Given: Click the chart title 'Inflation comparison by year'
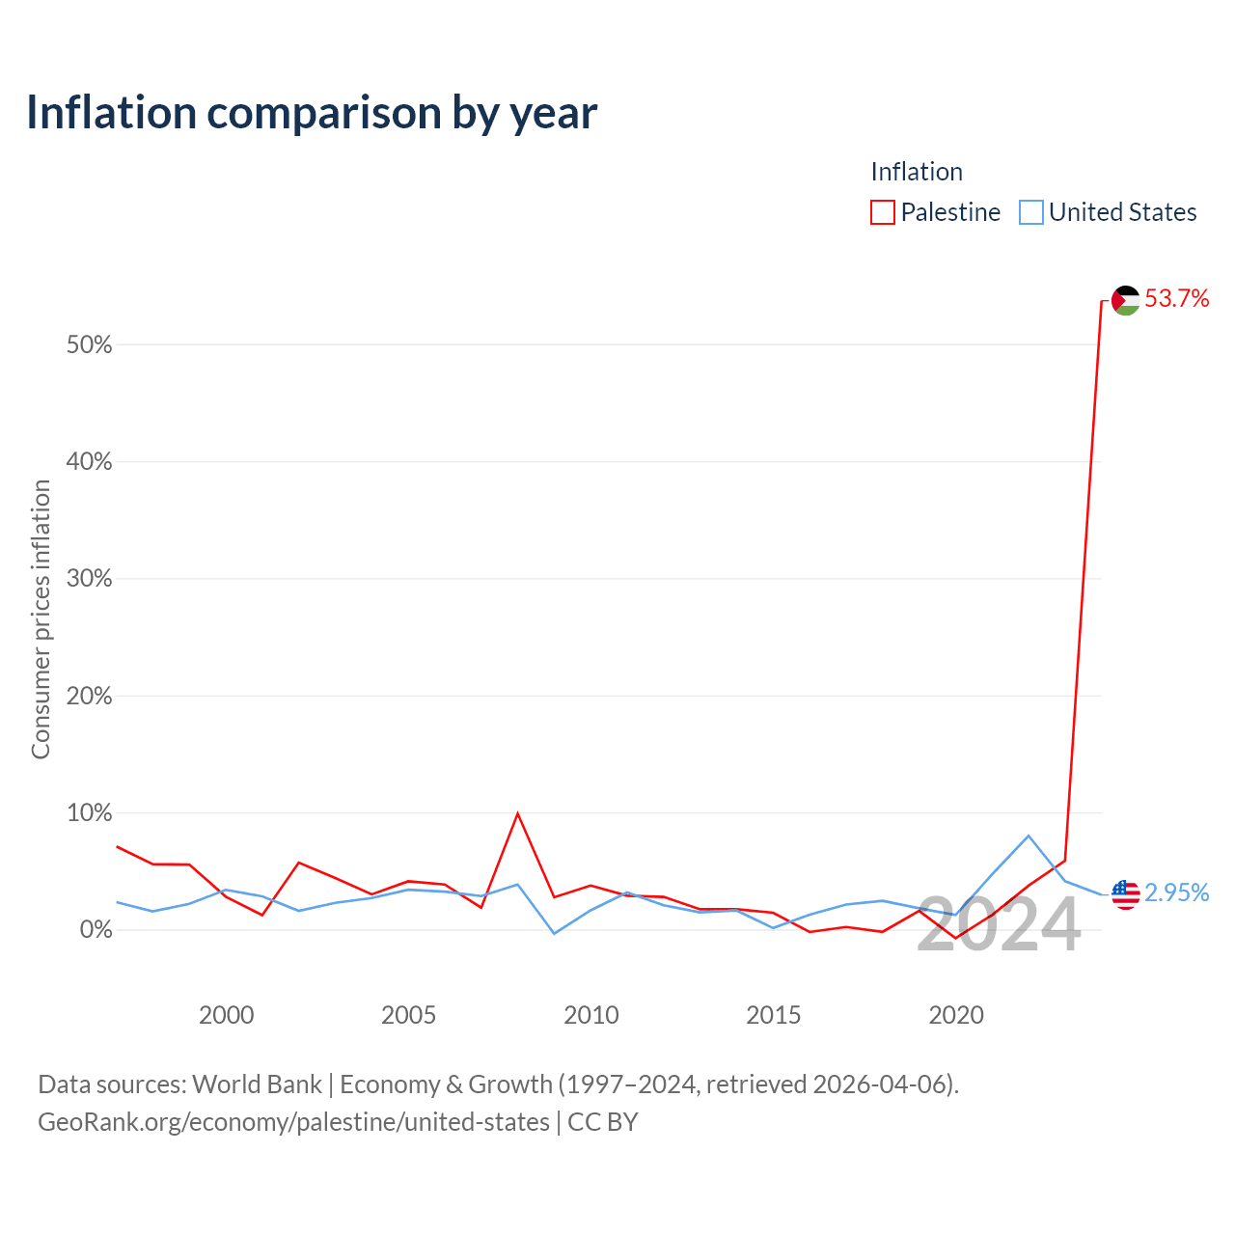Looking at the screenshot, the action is point(312,113).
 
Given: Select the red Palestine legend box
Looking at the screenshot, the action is point(882,212).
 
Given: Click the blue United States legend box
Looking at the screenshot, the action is point(1030,212).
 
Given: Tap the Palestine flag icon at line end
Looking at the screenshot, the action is point(1125,300).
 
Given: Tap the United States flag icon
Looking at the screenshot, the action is point(1125,894).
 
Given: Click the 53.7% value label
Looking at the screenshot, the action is point(1176,299).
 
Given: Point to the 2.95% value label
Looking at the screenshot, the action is point(1176,892).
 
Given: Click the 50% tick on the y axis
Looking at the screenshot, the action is point(89,344).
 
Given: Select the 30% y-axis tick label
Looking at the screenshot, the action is point(89,578).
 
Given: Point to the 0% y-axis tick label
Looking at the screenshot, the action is point(96,929).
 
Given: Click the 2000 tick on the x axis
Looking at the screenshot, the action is point(226,1015).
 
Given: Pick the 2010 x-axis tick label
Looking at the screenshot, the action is point(590,1015).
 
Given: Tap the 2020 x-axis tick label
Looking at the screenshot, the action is point(955,1015).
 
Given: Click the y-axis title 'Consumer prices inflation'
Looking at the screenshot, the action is point(41,619).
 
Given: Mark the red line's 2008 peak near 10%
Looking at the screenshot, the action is point(517,814).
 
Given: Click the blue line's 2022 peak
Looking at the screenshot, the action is point(1029,836).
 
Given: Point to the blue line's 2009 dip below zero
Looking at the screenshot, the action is point(554,933).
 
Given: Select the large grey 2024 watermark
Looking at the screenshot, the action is point(999,924).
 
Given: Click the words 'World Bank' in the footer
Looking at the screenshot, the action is point(257,1084).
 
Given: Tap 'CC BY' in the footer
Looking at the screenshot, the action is point(602,1122).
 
